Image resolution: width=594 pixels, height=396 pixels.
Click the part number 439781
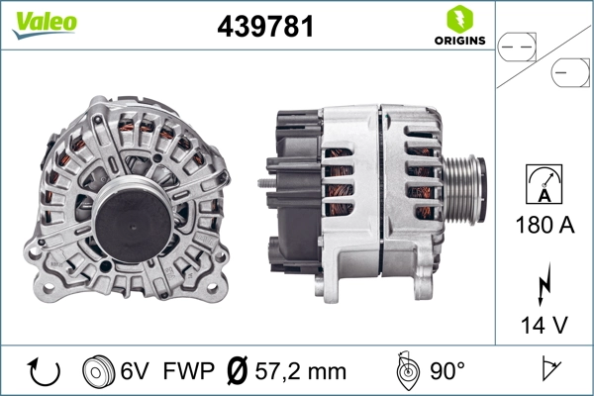pyautogui.click(x=264, y=26)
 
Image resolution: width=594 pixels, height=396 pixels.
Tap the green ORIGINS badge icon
pyautogui.click(x=457, y=19)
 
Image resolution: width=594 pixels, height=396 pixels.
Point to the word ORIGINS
pyautogui.click(x=457, y=41)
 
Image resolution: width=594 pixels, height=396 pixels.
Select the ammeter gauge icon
pyautogui.click(x=544, y=185)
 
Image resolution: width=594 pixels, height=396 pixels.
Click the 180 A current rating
pyautogui.click(x=544, y=225)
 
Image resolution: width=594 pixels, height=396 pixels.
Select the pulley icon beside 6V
pyautogui.click(x=98, y=371)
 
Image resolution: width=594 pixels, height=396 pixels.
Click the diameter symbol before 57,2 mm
pyautogui.click(x=238, y=372)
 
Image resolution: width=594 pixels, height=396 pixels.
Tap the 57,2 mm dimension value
pyautogui.click(x=300, y=372)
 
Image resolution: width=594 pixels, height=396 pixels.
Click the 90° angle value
pyautogui.click(x=446, y=372)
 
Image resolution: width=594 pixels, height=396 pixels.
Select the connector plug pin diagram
pyautogui.click(x=544, y=59)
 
